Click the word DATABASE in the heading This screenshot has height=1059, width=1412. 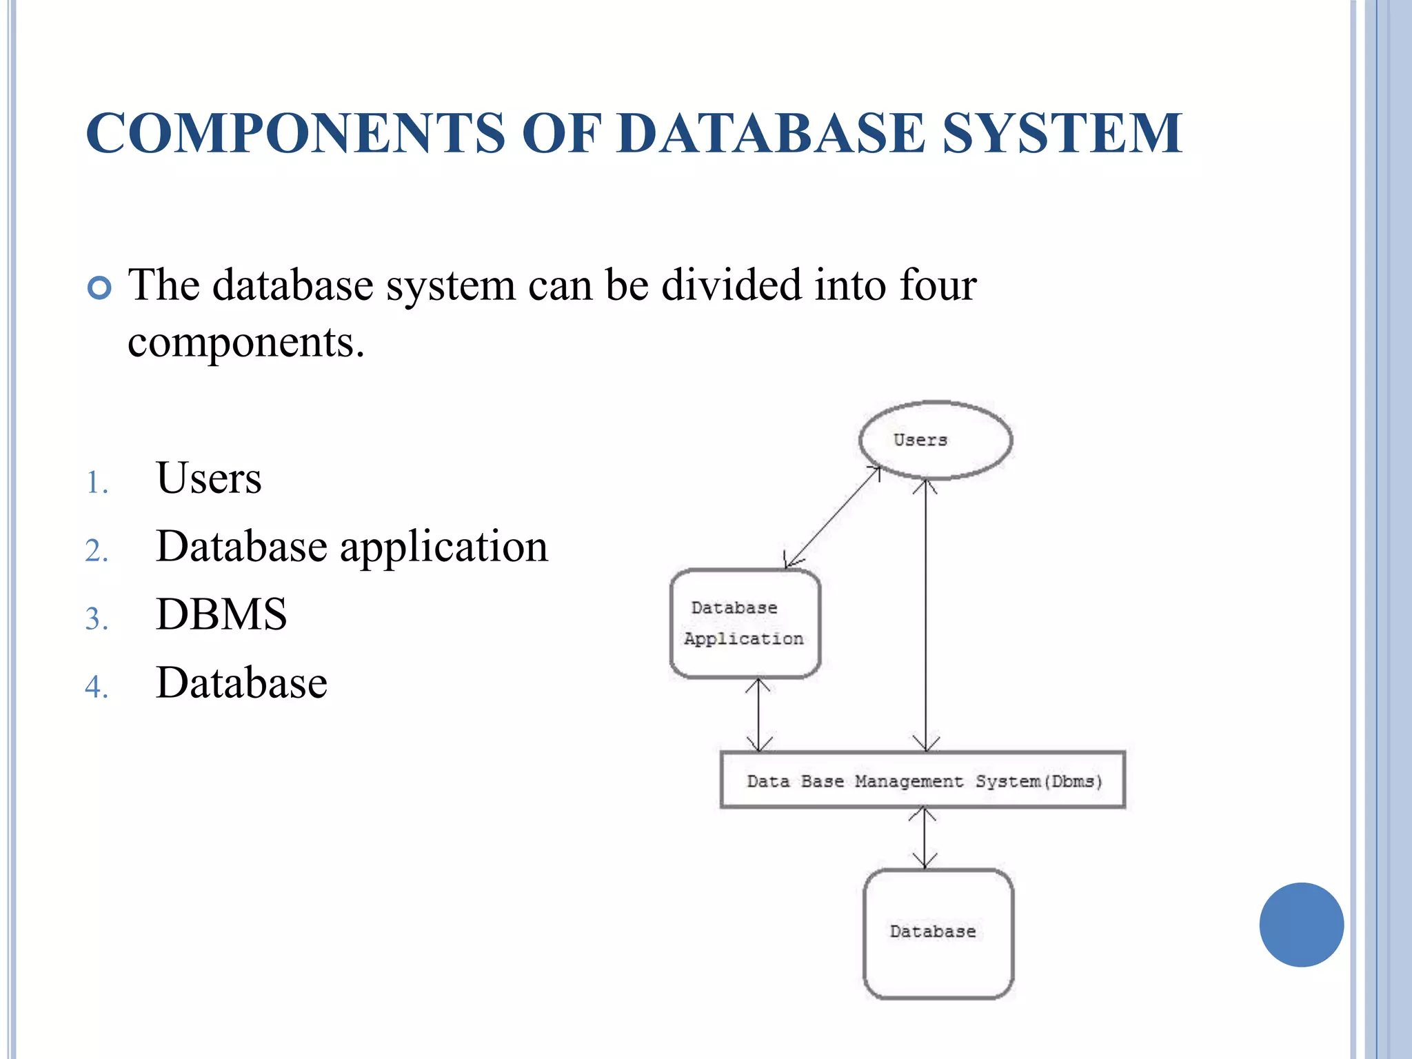[x=771, y=132]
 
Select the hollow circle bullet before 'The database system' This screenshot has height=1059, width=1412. [x=100, y=288]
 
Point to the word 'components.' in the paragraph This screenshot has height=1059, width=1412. [x=245, y=342]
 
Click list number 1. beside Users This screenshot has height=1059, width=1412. [x=97, y=483]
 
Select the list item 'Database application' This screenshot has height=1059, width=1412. [x=352, y=546]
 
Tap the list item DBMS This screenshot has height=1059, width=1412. [x=221, y=614]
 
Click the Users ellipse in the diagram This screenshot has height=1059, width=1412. [x=935, y=440]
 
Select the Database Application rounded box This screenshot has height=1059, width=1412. [x=745, y=623]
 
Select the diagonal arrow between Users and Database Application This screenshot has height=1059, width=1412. [x=833, y=517]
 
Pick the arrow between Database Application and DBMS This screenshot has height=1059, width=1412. [x=758, y=714]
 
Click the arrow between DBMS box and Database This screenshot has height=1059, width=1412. [x=924, y=838]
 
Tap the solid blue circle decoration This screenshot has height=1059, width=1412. [x=1301, y=925]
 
